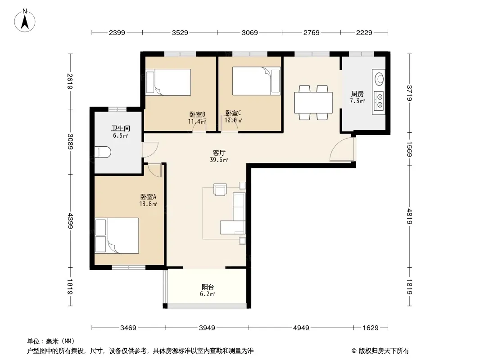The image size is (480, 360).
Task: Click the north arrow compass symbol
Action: pyautogui.click(x=25, y=21)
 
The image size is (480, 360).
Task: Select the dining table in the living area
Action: pyautogui.click(x=313, y=103)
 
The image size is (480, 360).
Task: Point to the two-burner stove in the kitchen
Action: pyautogui.click(x=379, y=101)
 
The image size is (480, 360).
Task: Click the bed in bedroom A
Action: pyautogui.click(x=117, y=235)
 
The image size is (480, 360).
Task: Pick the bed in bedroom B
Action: pyautogui.click(x=168, y=82)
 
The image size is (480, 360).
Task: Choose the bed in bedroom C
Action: pyautogui.click(x=257, y=81)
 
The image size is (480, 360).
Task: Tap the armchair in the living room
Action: pyautogui.click(x=220, y=189)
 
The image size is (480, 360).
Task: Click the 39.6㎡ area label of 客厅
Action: pyautogui.click(x=218, y=160)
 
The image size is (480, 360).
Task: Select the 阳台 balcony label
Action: pyautogui.click(x=208, y=287)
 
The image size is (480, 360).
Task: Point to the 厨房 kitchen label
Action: pyautogui.click(x=357, y=94)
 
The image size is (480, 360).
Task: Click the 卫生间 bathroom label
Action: pyautogui.click(x=120, y=128)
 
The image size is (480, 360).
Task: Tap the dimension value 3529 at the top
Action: pyautogui.click(x=180, y=32)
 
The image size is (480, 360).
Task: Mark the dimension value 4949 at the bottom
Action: pyautogui.click(x=301, y=328)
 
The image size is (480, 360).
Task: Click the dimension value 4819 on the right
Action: pyautogui.click(x=410, y=216)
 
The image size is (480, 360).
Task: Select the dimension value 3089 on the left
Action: pyautogui.click(x=70, y=142)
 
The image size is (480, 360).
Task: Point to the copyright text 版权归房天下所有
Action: pyautogui.click(x=384, y=351)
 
